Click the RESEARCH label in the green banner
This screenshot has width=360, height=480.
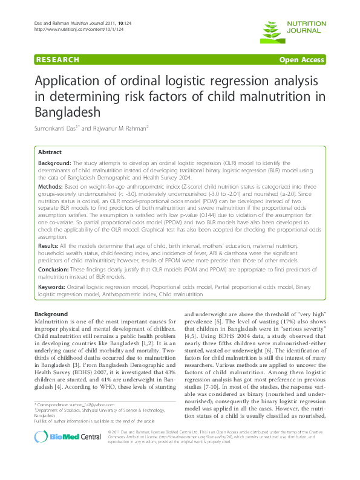57,60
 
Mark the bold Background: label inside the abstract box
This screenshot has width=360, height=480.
55,164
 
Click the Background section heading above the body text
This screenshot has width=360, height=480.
51,315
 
